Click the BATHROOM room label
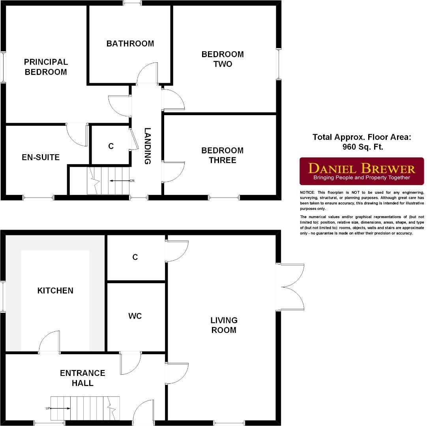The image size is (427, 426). coord(130,43)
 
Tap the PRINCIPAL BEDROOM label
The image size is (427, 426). coord(46,67)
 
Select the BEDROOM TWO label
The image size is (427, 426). coord(223,59)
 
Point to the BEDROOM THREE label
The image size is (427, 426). coord(222,155)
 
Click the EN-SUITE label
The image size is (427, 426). coord(41,157)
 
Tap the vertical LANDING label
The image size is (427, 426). coord(147,146)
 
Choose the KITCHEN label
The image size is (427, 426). coord(55,291)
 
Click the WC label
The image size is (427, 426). coord(135,316)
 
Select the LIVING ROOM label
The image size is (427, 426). coord(224,325)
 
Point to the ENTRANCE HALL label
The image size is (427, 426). coord(82,378)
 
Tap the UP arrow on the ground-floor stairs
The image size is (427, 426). coord(59,408)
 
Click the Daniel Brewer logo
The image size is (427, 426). coord(361,171)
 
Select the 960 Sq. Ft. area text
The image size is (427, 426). coord(363,147)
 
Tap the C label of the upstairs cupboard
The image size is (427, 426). coord(111,146)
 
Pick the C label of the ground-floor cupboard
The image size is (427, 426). coord(135,257)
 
